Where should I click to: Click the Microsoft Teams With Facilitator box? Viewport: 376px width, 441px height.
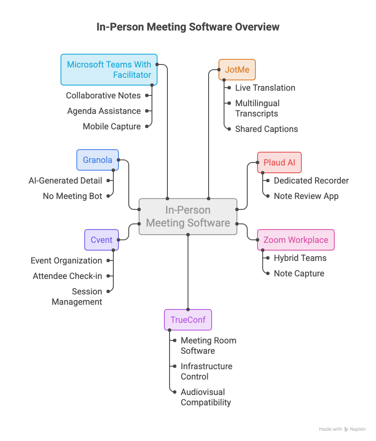point(109,70)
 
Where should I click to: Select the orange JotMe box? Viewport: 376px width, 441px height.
point(237,70)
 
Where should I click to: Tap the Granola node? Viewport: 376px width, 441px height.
point(97,160)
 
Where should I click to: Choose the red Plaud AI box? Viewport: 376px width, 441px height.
point(279,162)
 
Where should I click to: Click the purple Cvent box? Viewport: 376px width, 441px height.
point(101,240)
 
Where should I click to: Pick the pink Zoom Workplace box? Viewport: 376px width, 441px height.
point(296,240)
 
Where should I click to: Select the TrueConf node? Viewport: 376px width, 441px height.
point(188,320)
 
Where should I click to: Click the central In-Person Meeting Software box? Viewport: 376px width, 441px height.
point(188,217)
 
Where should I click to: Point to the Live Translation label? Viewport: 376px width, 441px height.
point(265,88)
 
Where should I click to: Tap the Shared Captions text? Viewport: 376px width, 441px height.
point(267,129)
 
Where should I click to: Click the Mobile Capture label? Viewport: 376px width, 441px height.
point(112,126)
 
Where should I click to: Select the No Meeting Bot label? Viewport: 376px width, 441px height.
point(73,196)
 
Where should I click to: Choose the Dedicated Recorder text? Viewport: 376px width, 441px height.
point(311,181)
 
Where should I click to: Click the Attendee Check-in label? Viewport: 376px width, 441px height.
point(67,276)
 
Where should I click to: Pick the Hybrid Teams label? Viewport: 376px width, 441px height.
point(300,258)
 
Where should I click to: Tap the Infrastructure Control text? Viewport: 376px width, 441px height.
point(206,371)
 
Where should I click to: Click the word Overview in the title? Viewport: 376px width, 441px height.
point(257,27)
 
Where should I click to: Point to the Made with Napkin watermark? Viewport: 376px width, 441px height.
point(342,429)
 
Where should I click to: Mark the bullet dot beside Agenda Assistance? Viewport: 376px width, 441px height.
point(147,111)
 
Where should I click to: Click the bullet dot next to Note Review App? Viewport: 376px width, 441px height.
point(268,196)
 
